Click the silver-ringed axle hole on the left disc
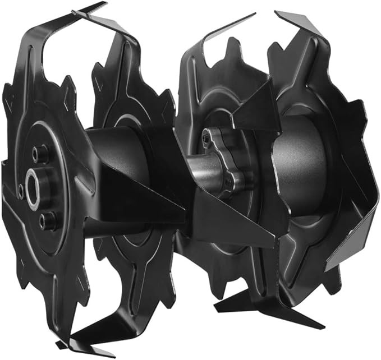35,183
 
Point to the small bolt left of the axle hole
21,191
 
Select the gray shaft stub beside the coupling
196,168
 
